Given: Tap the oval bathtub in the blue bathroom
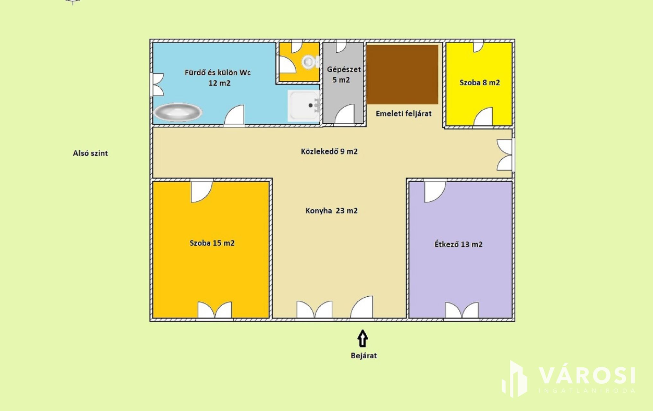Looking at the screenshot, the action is point(178,112).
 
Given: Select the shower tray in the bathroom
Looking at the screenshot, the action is point(304,105).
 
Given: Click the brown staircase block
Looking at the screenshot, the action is point(402,74).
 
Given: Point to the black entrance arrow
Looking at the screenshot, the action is point(363,338).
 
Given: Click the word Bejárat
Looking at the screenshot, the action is point(364,355).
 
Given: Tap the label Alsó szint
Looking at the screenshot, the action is point(90,153).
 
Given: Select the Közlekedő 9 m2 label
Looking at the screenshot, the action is point(329,151).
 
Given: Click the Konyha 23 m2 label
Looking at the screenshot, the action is point(331,211).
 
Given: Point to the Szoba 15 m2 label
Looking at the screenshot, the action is point(212,243).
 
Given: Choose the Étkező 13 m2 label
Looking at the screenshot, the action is point(459,244).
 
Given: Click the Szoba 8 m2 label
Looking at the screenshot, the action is point(479,83).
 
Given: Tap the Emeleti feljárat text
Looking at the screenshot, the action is point(404,114).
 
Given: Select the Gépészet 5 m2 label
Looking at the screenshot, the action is point(344,74).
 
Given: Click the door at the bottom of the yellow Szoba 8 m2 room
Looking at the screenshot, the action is point(483,117).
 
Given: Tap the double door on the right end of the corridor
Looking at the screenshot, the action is point(505,155).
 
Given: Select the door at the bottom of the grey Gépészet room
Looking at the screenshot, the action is point(345,114).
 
